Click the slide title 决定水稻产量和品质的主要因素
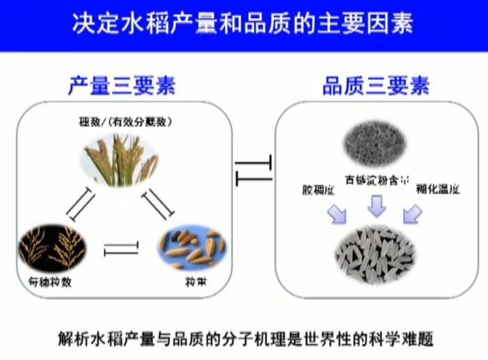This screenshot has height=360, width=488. [x=243, y=25]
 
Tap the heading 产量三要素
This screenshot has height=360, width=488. [x=122, y=86]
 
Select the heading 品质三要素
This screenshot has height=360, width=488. [x=375, y=86]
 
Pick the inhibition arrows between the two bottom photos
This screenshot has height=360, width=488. [x=121, y=248]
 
